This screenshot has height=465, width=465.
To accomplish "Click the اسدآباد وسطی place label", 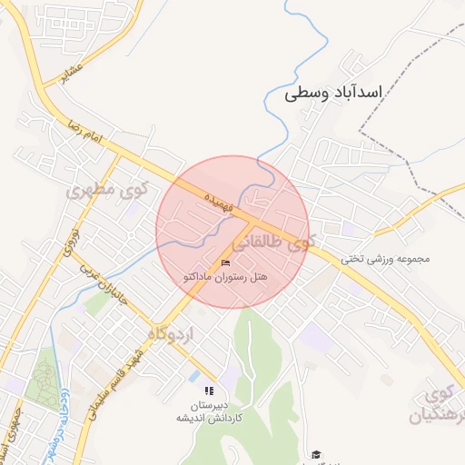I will point(332,92).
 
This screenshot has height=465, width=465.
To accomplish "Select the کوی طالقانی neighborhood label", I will point(274,242).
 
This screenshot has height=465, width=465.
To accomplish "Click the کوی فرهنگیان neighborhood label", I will point(440,406).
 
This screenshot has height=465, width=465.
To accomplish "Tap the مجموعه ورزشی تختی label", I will point(384,259).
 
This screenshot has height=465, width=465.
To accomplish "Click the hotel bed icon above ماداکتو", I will point(226,262).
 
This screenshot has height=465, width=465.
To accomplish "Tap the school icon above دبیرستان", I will point(210,391).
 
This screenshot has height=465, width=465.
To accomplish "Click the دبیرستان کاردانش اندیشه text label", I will point(210,411).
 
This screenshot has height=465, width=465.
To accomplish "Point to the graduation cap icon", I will point(316,454).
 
